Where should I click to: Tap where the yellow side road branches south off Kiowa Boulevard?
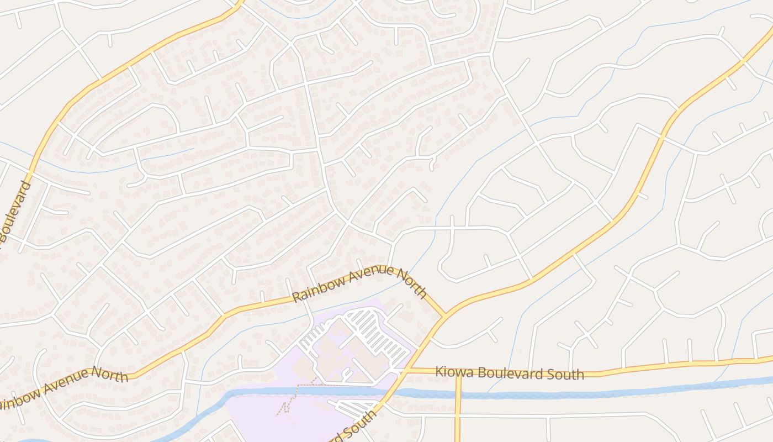tap(458, 371)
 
